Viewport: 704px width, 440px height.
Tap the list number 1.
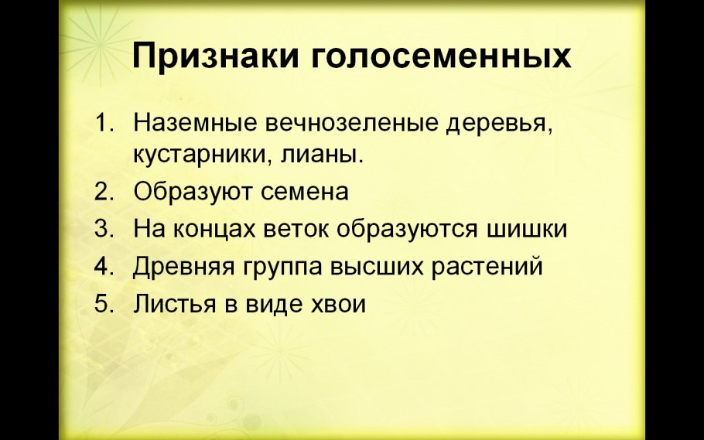coord(103,123)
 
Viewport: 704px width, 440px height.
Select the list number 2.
coord(103,191)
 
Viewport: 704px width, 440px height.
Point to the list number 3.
coord(103,229)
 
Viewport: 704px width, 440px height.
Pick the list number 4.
coord(103,266)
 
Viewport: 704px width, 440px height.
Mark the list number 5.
coord(103,304)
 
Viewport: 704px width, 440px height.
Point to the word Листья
coord(172,304)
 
